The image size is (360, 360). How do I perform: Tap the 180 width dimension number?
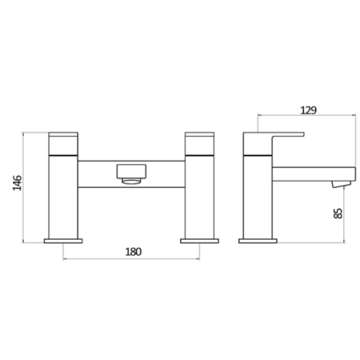point(133,250)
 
